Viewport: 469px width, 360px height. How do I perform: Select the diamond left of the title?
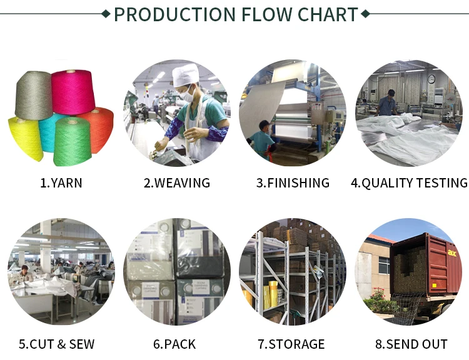point(106,13)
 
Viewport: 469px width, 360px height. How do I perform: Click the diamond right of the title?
point(365,13)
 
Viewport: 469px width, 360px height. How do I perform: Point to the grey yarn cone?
point(34,94)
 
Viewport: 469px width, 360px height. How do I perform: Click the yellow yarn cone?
point(24,137)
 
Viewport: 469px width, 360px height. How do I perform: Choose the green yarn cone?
point(72,142)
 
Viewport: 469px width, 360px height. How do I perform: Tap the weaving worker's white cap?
point(186,76)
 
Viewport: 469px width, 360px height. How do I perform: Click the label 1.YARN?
point(61,183)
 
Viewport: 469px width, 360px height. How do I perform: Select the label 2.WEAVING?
point(177,183)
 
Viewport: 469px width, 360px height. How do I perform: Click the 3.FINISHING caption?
point(293,183)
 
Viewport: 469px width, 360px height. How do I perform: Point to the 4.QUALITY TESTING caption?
point(409,183)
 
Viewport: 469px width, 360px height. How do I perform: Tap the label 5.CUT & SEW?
point(61,344)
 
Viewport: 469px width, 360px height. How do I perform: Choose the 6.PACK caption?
point(174,344)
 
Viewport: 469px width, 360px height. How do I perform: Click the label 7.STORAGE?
point(291,344)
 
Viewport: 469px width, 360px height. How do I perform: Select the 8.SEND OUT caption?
point(411,344)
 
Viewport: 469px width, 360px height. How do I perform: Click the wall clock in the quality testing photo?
point(431,79)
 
